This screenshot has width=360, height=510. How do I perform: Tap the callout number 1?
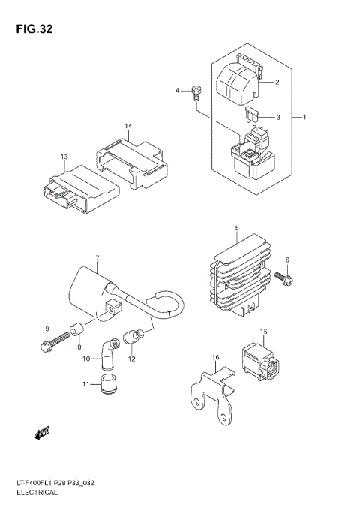tap(304, 118)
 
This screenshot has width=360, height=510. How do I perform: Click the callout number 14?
tap(128, 126)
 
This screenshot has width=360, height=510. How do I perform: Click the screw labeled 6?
tap(286, 280)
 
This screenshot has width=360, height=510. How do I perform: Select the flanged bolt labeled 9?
tap(46, 346)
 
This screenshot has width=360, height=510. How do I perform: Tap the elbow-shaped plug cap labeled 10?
tap(109, 350)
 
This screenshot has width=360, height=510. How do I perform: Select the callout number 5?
tap(236, 227)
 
